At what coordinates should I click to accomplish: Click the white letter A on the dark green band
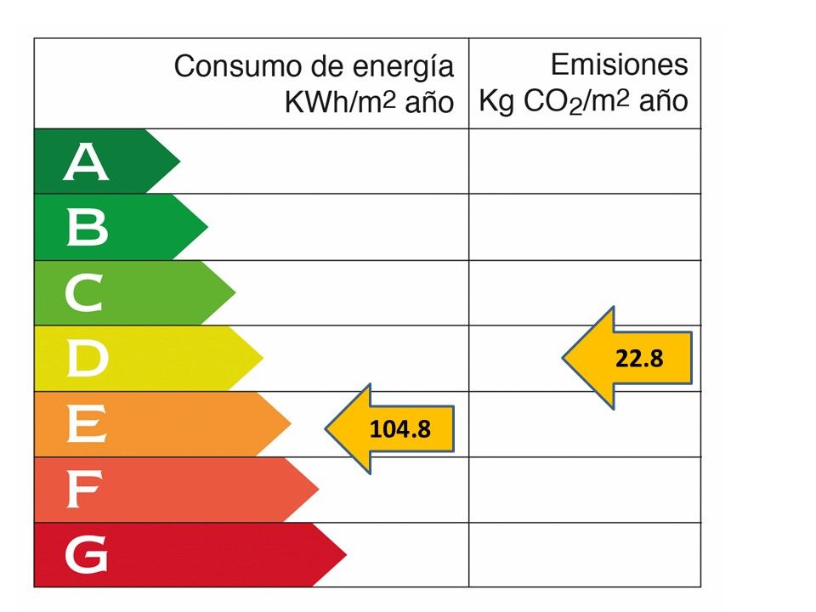click(x=86, y=162)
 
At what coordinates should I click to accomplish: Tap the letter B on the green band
click(x=87, y=228)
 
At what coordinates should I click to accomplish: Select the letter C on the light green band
click(x=84, y=294)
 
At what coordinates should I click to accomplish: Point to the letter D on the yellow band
click(x=87, y=360)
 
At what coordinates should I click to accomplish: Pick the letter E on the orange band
click(x=86, y=424)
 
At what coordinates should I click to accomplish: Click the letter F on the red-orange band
click(x=84, y=490)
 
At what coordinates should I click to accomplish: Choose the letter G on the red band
click(x=86, y=556)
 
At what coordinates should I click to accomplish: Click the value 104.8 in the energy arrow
click(x=400, y=428)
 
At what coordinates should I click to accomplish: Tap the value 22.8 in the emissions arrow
click(x=639, y=359)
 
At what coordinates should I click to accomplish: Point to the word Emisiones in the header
click(x=619, y=65)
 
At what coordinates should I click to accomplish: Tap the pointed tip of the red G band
click(x=347, y=555)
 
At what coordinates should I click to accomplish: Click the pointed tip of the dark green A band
click(x=180, y=161)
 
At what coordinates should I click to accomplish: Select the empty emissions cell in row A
click(x=585, y=161)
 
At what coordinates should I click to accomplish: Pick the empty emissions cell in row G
click(x=585, y=555)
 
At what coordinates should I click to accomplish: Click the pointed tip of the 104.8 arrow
click(x=326, y=428)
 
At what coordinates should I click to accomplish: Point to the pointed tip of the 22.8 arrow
click(x=563, y=358)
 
